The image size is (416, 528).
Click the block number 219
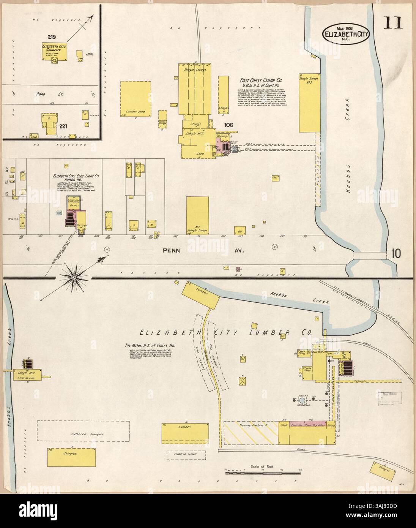[52, 37]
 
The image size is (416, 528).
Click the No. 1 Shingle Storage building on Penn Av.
[197, 215]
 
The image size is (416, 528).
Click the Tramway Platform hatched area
[251, 432]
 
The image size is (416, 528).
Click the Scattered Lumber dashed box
[186, 455]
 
